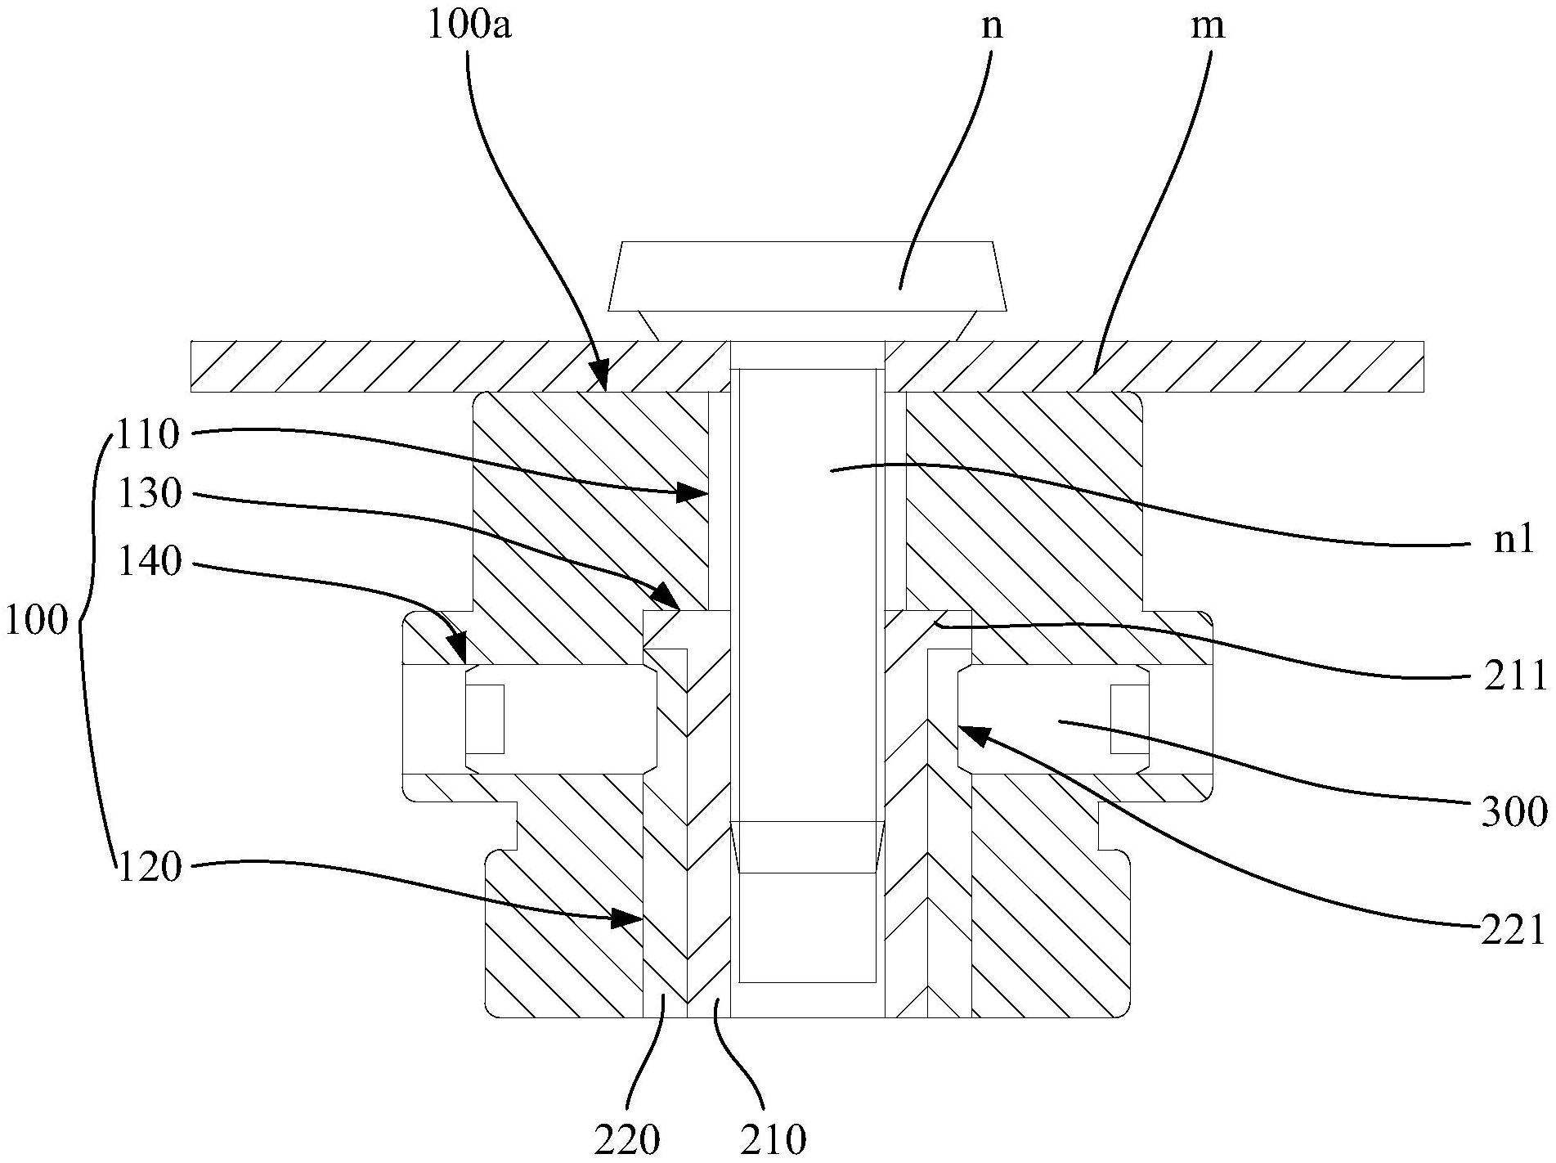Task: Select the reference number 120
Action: (149, 867)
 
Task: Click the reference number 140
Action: (149, 563)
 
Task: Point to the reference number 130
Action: (149, 495)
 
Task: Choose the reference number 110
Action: (149, 434)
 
